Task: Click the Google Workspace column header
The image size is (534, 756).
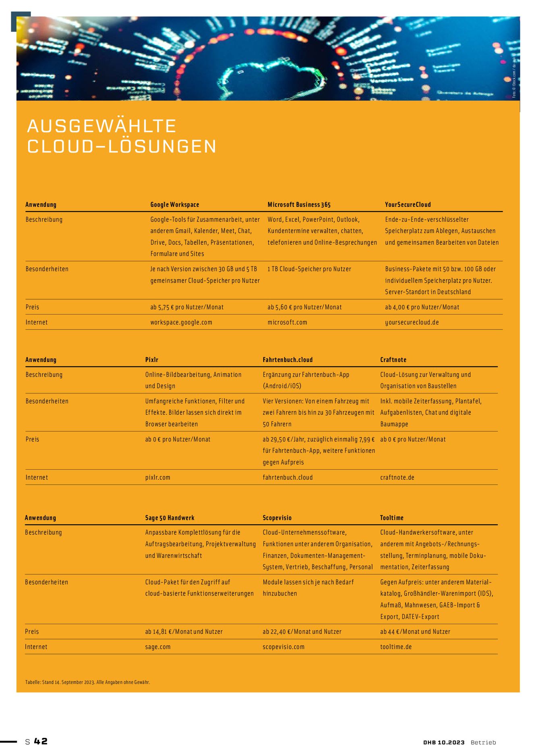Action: (x=175, y=204)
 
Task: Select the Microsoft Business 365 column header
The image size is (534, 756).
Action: (x=299, y=204)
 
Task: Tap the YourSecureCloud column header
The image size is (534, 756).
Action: (x=408, y=204)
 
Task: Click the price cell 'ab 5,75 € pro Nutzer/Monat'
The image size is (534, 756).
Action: (x=187, y=307)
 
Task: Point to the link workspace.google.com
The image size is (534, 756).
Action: (x=181, y=323)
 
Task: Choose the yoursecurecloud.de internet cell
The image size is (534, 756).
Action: (x=412, y=323)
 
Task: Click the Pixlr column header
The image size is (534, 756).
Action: (x=152, y=360)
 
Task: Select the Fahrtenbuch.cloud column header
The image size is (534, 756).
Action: (x=288, y=360)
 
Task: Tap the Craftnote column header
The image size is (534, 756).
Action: (x=393, y=360)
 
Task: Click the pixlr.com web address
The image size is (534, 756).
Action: (x=158, y=477)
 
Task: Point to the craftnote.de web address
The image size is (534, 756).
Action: (x=397, y=477)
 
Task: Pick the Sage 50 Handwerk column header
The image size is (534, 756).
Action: (x=170, y=518)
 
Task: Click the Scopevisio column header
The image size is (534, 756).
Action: (x=277, y=518)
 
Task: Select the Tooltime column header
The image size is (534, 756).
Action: (x=391, y=518)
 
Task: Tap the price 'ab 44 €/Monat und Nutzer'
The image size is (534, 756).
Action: (x=415, y=632)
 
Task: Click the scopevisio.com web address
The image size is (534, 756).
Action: (x=284, y=647)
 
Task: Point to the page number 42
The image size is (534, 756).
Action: (x=41, y=741)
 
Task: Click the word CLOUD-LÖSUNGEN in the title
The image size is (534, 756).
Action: (x=122, y=146)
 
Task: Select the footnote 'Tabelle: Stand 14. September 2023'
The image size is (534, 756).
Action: (x=87, y=682)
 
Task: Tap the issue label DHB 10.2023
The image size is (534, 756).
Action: (x=444, y=742)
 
